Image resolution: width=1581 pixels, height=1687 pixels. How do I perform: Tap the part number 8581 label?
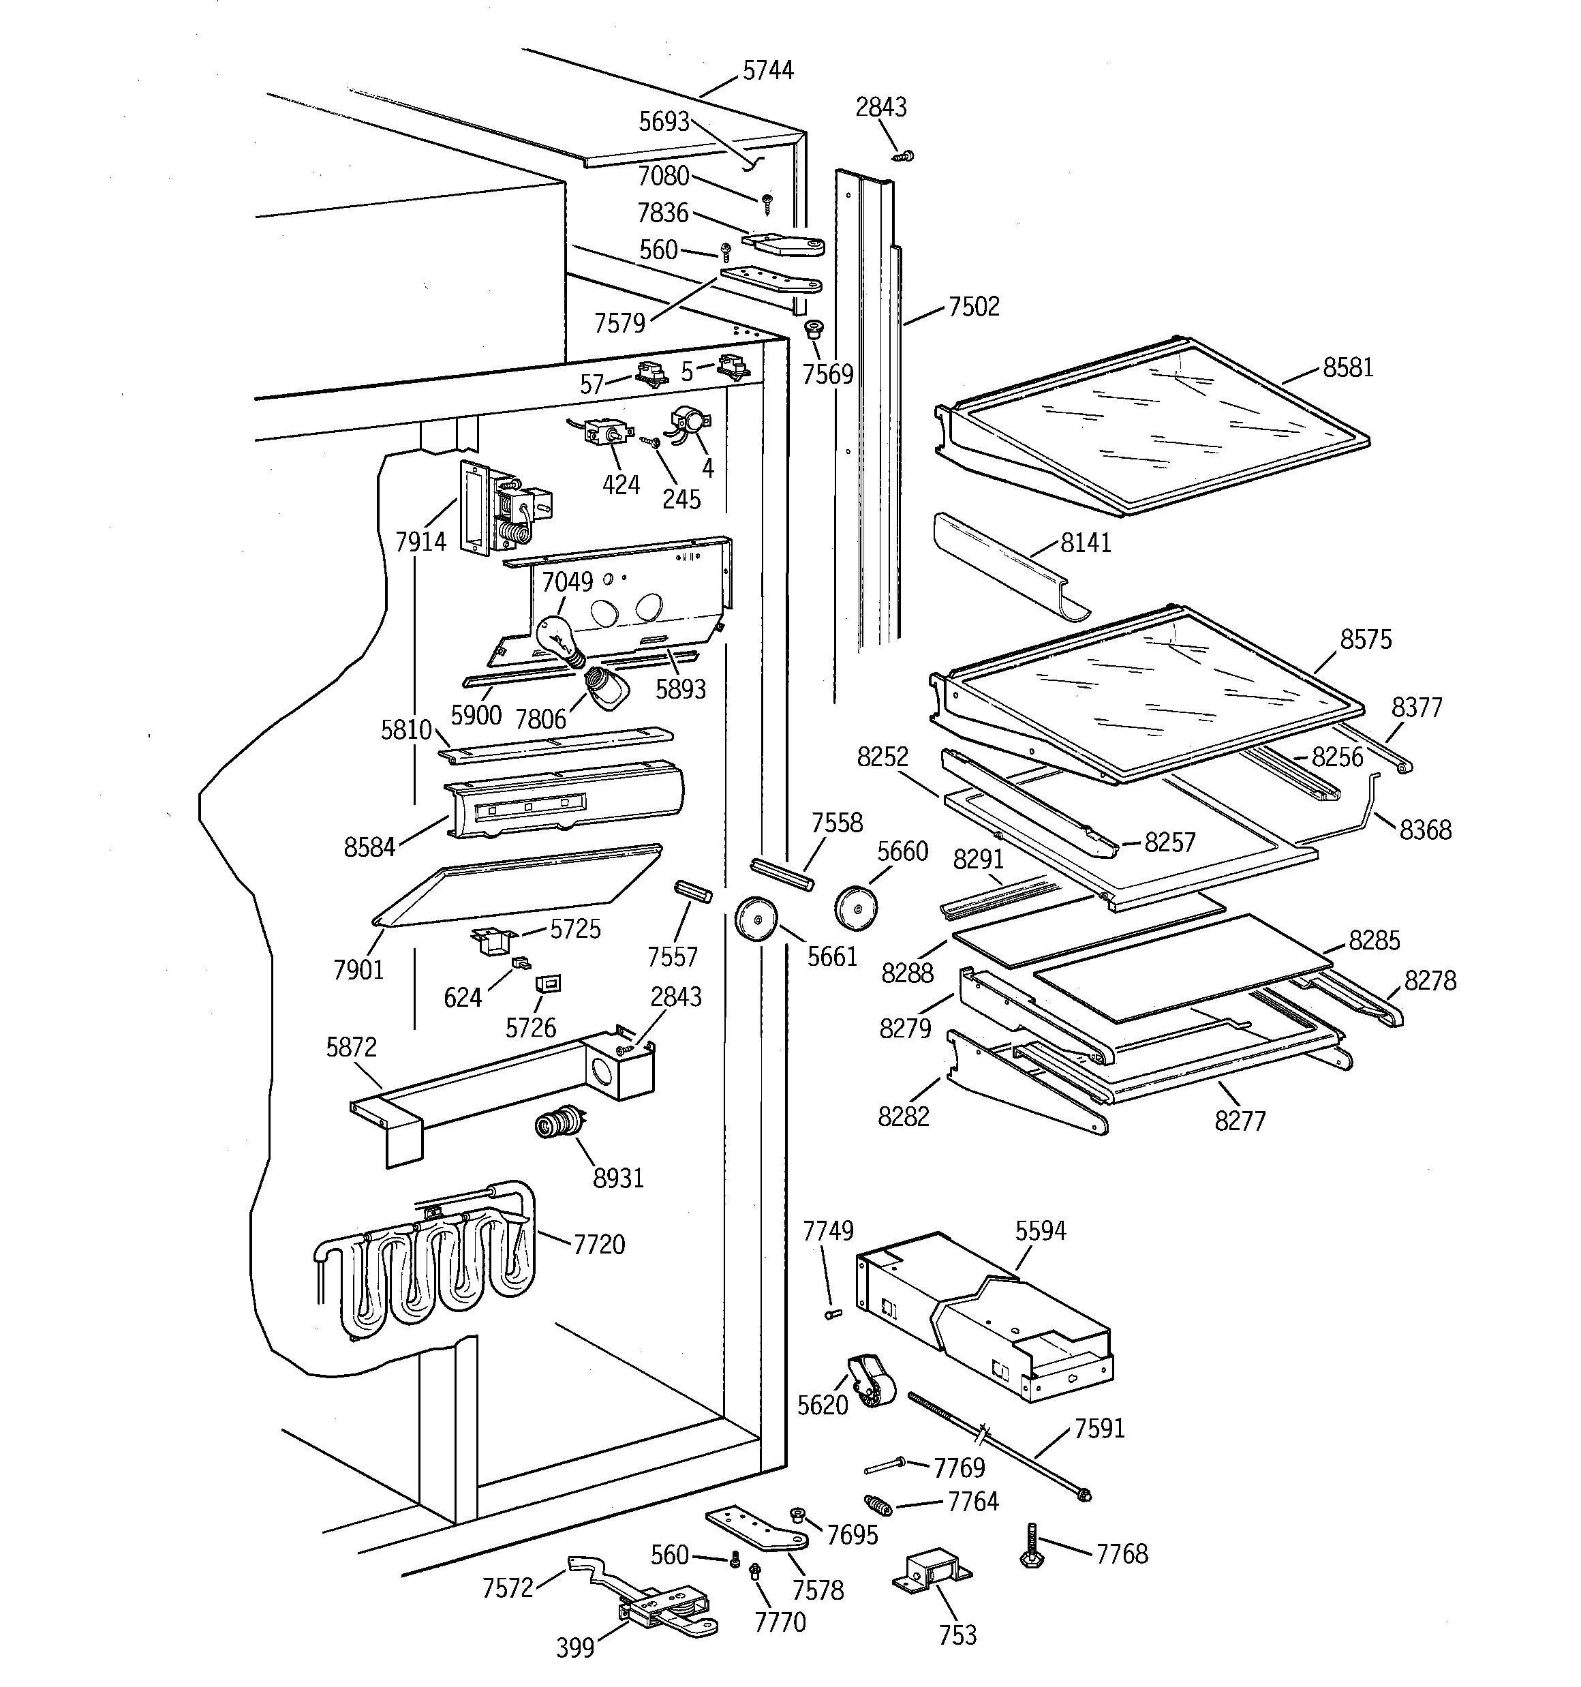click(x=1348, y=368)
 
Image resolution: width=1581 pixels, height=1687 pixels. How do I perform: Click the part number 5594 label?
click(x=1041, y=1230)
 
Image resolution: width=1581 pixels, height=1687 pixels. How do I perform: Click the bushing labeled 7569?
click(x=814, y=329)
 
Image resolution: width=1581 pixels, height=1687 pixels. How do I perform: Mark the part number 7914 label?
click(x=421, y=541)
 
